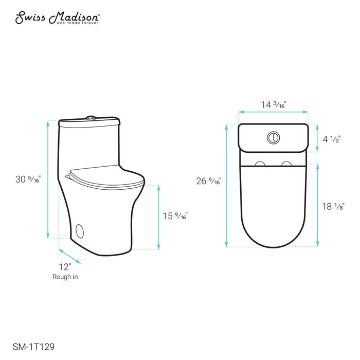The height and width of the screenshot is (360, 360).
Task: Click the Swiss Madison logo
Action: click(x=58, y=17)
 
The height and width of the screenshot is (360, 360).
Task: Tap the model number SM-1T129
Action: click(x=33, y=347)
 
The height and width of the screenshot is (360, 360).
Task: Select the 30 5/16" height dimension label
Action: click(x=28, y=179)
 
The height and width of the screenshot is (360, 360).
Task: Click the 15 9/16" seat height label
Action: click(x=175, y=216)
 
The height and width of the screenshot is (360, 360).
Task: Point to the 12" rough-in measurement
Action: click(x=65, y=267)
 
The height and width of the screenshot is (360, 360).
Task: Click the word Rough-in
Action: click(x=65, y=277)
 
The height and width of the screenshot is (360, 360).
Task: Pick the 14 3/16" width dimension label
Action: click(x=274, y=105)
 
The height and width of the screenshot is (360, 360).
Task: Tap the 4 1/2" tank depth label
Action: click(x=332, y=139)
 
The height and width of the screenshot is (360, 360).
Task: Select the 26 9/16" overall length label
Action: click(x=209, y=181)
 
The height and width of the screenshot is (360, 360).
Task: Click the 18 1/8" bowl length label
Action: click(x=333, y=206)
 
